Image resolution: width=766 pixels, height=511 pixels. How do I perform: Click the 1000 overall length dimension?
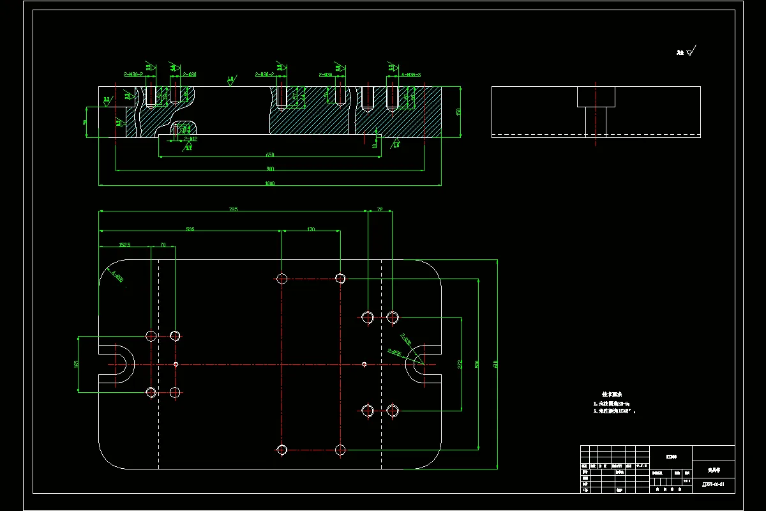tap(269, 184)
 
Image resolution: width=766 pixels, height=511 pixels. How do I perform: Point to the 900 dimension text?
tap(269, 169)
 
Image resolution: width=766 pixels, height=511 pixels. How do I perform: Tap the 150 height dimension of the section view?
tap(458, 112)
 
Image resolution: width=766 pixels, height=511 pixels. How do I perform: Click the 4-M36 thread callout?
tap(411, 75)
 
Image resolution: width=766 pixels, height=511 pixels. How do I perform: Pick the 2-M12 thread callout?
tap(190, 139)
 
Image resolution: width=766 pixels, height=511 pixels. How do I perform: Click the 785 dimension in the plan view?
tap(234, 210)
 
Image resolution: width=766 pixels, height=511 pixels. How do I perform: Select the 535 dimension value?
tap(190, 229)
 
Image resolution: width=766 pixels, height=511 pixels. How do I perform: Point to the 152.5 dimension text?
tap(124, 245)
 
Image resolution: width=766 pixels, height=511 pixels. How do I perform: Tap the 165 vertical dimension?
tap(77, 364)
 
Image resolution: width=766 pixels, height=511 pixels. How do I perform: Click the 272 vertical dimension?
tap(460, 364)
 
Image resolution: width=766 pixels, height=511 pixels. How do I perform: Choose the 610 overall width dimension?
tap(495, 364)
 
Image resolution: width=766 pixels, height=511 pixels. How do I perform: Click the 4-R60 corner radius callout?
tap(117, 277)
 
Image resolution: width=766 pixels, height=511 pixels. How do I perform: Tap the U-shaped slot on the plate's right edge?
tap(422, 364)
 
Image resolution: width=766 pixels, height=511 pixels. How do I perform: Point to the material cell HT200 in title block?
tap(670, 456)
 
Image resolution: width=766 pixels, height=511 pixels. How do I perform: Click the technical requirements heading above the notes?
tap(611, 394)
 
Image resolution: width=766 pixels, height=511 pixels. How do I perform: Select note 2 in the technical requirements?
tap(614, 411)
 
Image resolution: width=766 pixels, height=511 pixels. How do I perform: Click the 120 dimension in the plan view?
tap(311, 229)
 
